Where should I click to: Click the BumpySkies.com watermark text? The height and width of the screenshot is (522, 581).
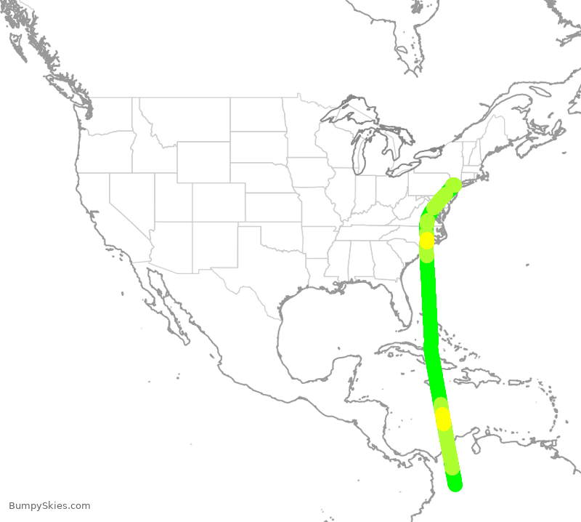click(x=49, y=506)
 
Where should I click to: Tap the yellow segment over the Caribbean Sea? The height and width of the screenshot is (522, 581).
click(x=442, y=419)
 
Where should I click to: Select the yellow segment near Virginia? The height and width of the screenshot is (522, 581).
click(x=426, y=240)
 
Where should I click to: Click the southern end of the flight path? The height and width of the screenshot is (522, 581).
click(x=455, y=484)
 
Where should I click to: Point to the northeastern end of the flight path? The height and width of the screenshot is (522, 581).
click(x=454, y=185)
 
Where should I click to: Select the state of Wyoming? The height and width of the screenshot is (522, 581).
click(x=203, y=161)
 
